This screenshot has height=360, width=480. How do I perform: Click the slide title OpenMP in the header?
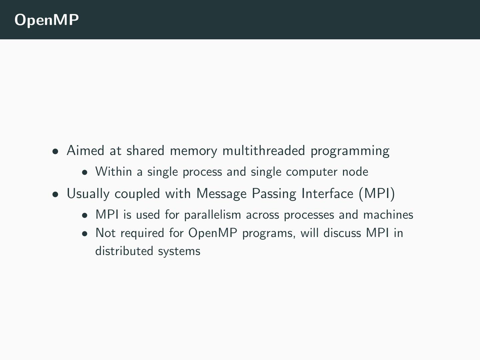pyautogui.click(x=47, y=20)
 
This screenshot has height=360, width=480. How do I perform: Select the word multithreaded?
pyautogui.click(x=263, y=151)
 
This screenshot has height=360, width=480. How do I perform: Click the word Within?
pyautogui.click(x=114, y=172)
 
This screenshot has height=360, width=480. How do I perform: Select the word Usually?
pyautogui.click(x=88, y=194)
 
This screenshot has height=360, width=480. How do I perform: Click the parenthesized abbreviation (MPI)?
pyautogui.click(x=377, y=194)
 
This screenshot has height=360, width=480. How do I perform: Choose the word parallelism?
pyautogui.click(x=212, y=215)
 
